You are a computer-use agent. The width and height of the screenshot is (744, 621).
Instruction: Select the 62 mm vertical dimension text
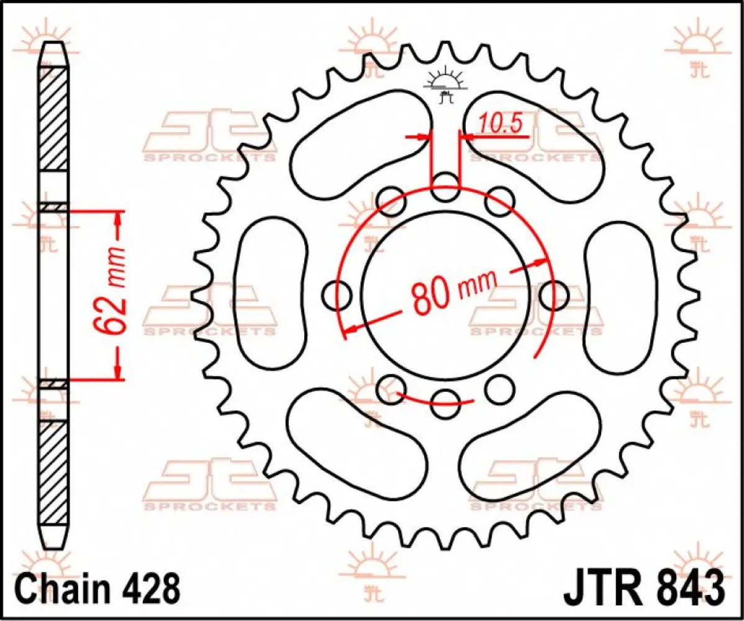pyautogui.click(x=111, y=296)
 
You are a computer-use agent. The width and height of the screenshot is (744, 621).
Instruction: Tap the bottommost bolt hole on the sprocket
pyautogui.click(x=445, y=404)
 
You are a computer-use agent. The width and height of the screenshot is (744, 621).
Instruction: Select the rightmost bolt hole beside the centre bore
pyautogui.click(x=553, y=293)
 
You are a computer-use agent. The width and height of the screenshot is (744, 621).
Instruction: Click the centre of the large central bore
pyautogui.click(x=445, y=295)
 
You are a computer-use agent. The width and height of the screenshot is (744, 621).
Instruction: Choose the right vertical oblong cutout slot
pyautogui.click(x=619, y=293)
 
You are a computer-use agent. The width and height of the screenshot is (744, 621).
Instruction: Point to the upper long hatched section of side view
pyautogui.click(x=54, y=118)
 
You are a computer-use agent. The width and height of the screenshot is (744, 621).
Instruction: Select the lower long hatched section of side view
pyautogui.click(x=54, y=472)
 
